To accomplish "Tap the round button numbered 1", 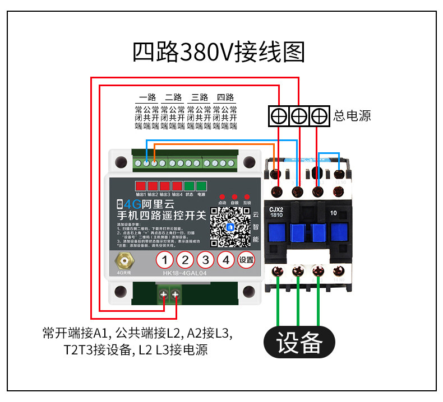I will point(164,260).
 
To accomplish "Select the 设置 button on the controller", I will point(246,260).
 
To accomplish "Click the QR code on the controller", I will point(229,227).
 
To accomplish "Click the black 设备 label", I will point(299,342).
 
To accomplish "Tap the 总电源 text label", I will point(352,116).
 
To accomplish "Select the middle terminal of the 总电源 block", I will point(299,116).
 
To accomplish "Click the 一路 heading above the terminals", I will point(147,97).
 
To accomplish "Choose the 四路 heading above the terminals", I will point(225,97).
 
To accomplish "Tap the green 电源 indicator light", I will point(201,186).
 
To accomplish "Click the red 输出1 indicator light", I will point(140,186).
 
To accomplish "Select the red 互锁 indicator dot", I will point(246,197).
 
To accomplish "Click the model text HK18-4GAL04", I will point(185,273).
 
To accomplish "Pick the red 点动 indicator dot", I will point(222,197).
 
